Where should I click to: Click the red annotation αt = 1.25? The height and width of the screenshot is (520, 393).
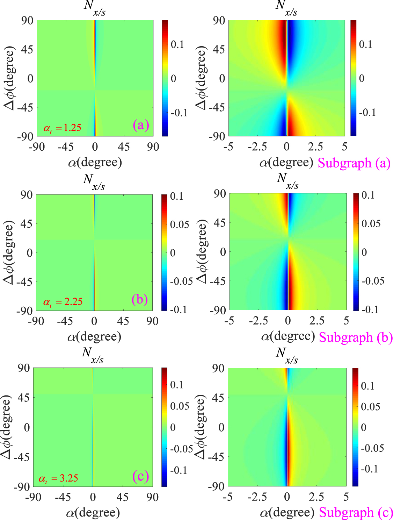pyautogui.click(x=62, y=128)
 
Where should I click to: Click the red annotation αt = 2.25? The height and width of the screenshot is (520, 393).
pyautogui.click(x=63, y=302)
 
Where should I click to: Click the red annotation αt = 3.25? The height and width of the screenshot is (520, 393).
pyautogui.click(x=58, y=478)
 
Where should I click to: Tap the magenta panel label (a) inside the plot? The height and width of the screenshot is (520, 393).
pyautogui.click(x=141, y=125)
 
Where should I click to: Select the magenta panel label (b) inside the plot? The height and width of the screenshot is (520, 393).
pyautogui.click(x=140, y=299)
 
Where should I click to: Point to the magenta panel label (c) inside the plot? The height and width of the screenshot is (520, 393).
pyautogui.click(x=140, y=476)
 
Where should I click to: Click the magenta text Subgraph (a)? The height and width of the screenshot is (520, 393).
pyautogui.click(x=354, y=163)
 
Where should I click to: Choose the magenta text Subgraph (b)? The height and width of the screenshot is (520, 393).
pyautogui.click(x=356, y=337)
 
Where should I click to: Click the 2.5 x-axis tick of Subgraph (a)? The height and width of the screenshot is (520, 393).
pyautogui.click(x=315, y=147)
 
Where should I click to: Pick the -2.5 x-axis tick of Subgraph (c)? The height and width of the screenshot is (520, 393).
pyautogui.click(x=257, y=497)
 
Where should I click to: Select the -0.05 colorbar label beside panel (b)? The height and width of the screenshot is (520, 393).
pyautogui.click(x=181, y=281)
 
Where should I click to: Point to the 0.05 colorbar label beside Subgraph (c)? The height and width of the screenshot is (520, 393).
pyautogui.click(x=370, y=407)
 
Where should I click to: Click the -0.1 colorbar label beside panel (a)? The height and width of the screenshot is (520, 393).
pyautogui.click(x=179, y=113)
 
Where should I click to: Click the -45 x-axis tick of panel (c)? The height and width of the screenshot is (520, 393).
pyautogui.click(x=63, y=497)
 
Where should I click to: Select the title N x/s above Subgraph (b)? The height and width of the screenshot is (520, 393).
pyautogui.click(x=288, y=180)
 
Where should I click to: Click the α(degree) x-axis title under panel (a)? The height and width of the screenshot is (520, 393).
pyautogui.click(x=95, y=162)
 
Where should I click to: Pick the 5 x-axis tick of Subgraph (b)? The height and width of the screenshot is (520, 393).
pyautogui.click(x=346, y=321)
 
